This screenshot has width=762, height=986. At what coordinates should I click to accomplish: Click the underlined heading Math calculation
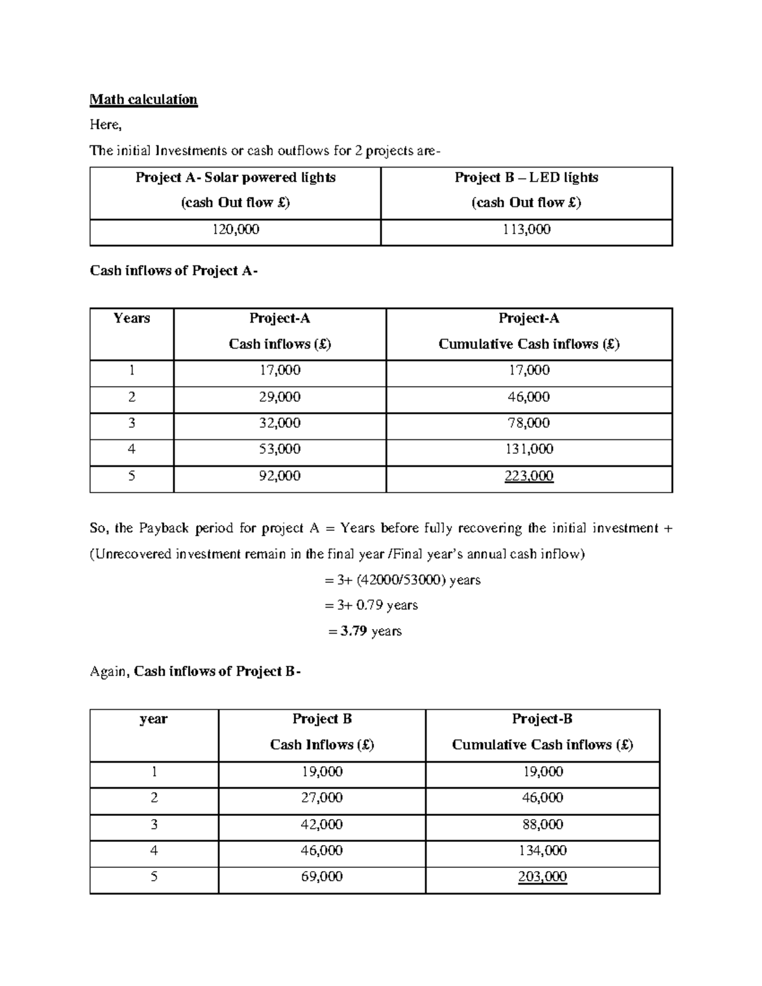[x=144, y=99]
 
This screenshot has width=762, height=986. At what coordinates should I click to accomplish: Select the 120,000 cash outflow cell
[x=235, y=229]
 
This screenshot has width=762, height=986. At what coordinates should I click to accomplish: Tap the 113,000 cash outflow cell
[x=526, y=229]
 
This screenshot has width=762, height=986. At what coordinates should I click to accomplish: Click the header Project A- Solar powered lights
[x=235, y=178]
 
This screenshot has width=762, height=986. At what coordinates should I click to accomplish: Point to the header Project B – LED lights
[x=526, y=178]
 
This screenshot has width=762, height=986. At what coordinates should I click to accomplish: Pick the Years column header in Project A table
[x=131, y=318]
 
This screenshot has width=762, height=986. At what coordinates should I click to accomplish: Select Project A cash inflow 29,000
[x=279, y=397]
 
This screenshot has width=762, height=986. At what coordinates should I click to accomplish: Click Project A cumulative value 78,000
[x=529, y=423]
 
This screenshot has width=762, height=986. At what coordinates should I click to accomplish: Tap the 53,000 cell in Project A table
[x=279, y=449]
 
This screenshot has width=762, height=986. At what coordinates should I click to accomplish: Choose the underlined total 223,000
[x=529, y=476]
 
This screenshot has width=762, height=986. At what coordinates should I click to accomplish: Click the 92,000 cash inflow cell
[x=279, y=476]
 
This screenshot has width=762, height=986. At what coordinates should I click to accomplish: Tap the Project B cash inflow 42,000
[x=322, y=824]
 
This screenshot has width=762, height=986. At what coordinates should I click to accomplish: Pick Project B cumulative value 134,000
[x=542, y=850]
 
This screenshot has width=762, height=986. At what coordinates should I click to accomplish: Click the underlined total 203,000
[x=542, y=877]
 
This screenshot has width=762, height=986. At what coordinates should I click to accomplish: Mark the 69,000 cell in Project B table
[x=322, y=877]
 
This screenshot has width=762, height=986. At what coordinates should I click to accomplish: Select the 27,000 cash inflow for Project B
[x=322, y=797]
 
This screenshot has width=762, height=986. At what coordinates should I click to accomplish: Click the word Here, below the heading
[x=105, y=124]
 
